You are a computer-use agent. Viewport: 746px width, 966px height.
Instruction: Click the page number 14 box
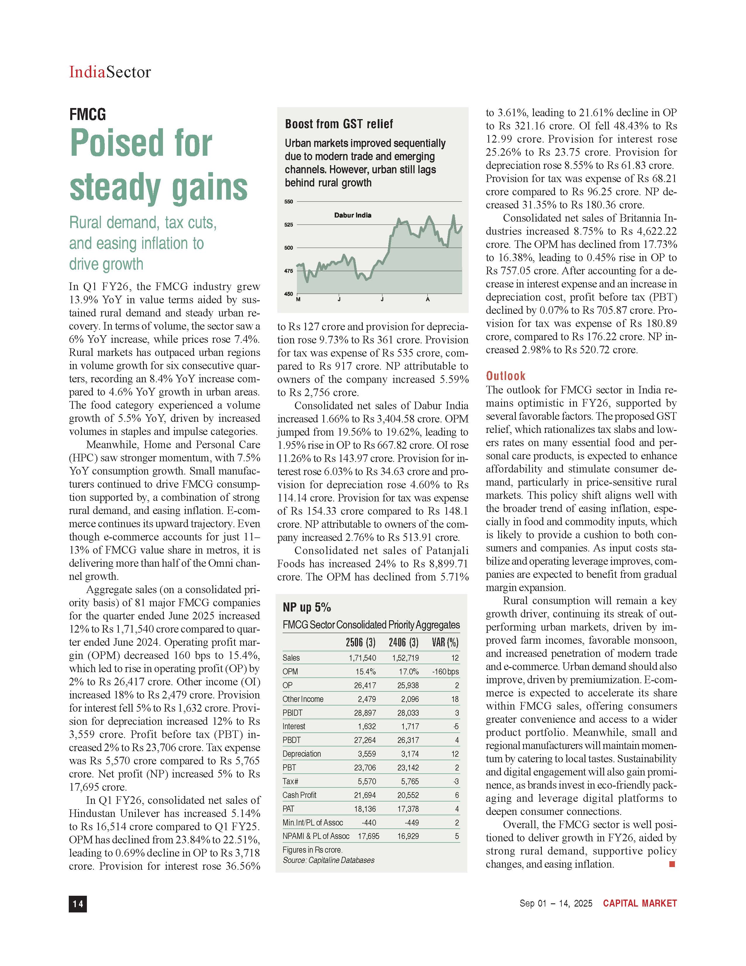click(x=78, y=904)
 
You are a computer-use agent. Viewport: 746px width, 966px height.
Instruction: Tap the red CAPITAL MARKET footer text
click(x=640, y=903)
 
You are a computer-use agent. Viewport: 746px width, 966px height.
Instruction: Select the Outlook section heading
click(x=506, y=376)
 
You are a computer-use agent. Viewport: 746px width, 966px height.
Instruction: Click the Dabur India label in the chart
click(x=353, y=215)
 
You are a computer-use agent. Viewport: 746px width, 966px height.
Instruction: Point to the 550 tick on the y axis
click(x=288, y=202)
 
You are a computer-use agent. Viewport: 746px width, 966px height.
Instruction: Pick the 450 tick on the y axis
click(x=288, y=294)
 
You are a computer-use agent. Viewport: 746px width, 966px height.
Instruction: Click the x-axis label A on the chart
click(x=428, y=299)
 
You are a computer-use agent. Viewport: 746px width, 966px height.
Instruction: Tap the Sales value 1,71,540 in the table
click(x=362, y=658)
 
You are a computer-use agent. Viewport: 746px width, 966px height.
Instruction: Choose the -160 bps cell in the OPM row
click(x=446, y=672)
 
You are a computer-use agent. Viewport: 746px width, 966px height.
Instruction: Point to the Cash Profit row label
click(x=299, y=795)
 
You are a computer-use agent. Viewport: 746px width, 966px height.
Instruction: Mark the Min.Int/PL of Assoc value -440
click(x=369, y=823)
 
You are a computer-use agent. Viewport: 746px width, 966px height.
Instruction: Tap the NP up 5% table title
click(x=307, y=608)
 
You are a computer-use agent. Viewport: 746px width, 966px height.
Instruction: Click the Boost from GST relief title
click(x=339, y=124)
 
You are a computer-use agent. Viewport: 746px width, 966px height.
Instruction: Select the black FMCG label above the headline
click(x=87, y=114)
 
